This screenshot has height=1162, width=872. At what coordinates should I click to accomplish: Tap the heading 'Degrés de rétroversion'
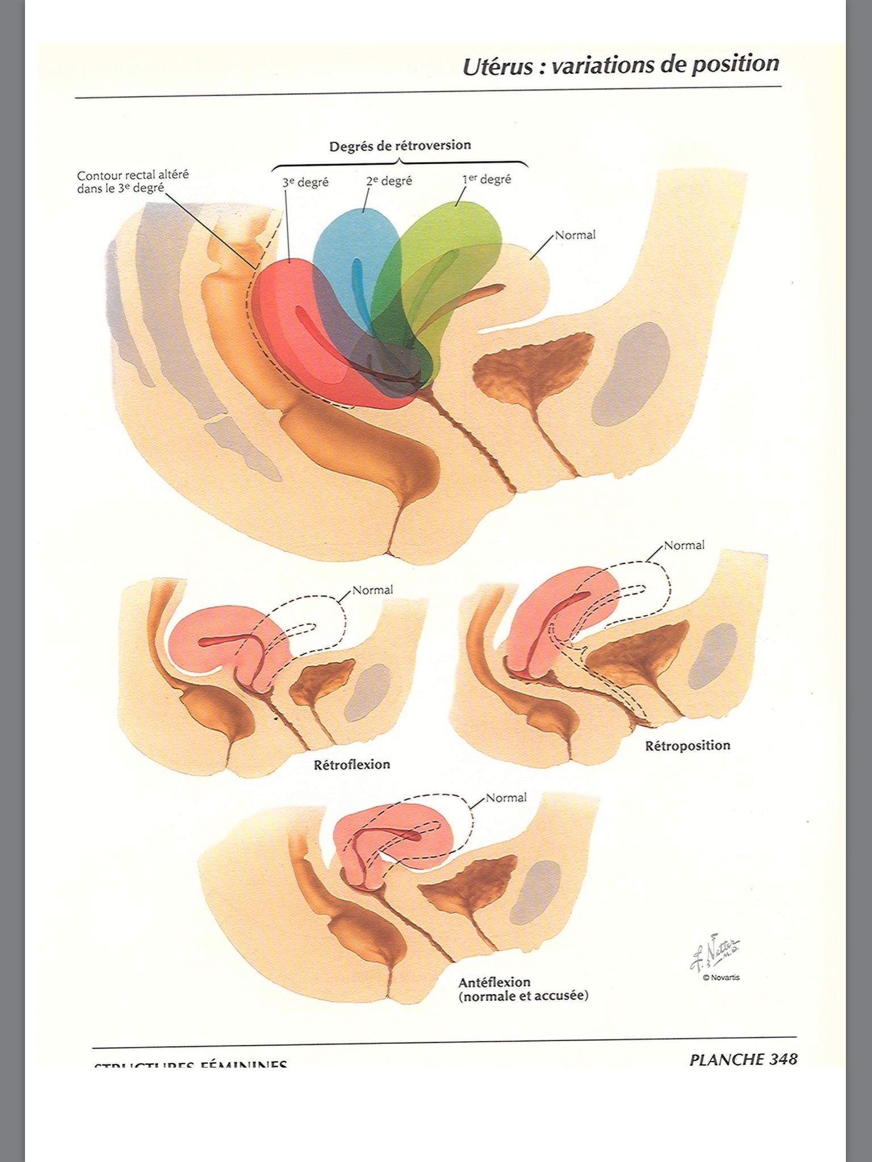[400, 145]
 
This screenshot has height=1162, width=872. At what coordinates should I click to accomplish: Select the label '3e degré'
[305, 183]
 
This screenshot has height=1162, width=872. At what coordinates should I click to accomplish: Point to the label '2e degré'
[389, 181]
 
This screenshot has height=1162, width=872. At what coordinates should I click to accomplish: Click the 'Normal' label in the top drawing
[575, 235]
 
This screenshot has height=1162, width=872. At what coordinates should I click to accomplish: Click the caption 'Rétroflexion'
[352, 764]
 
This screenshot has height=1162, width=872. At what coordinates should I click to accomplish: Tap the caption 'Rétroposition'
[687, 746]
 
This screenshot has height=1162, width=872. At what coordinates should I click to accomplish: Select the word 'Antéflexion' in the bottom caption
[494, 982]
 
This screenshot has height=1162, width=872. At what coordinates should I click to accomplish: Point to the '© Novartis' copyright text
[721, 977]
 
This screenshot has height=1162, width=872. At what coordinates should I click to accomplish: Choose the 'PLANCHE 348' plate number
[743, 1059]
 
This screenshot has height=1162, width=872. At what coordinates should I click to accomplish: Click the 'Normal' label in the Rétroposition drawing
[684, 545]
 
